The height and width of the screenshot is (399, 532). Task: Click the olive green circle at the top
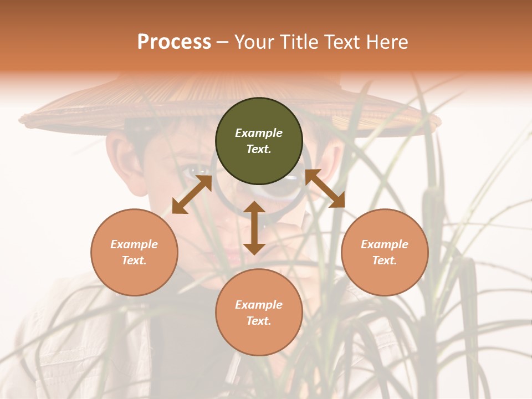pos(259,141)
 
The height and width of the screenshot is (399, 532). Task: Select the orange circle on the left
pos(134,252)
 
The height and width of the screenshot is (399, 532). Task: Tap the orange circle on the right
pos(385,252)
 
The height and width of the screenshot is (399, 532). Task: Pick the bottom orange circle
pos(259,313)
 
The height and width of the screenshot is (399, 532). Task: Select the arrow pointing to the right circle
pos(325,188)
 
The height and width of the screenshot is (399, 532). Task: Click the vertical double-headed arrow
pos(254,228)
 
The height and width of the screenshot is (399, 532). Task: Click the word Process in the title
pos(174,42)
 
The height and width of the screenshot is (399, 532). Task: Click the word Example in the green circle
pos(259,133)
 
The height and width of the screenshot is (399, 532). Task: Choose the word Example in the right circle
pos(385,244)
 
